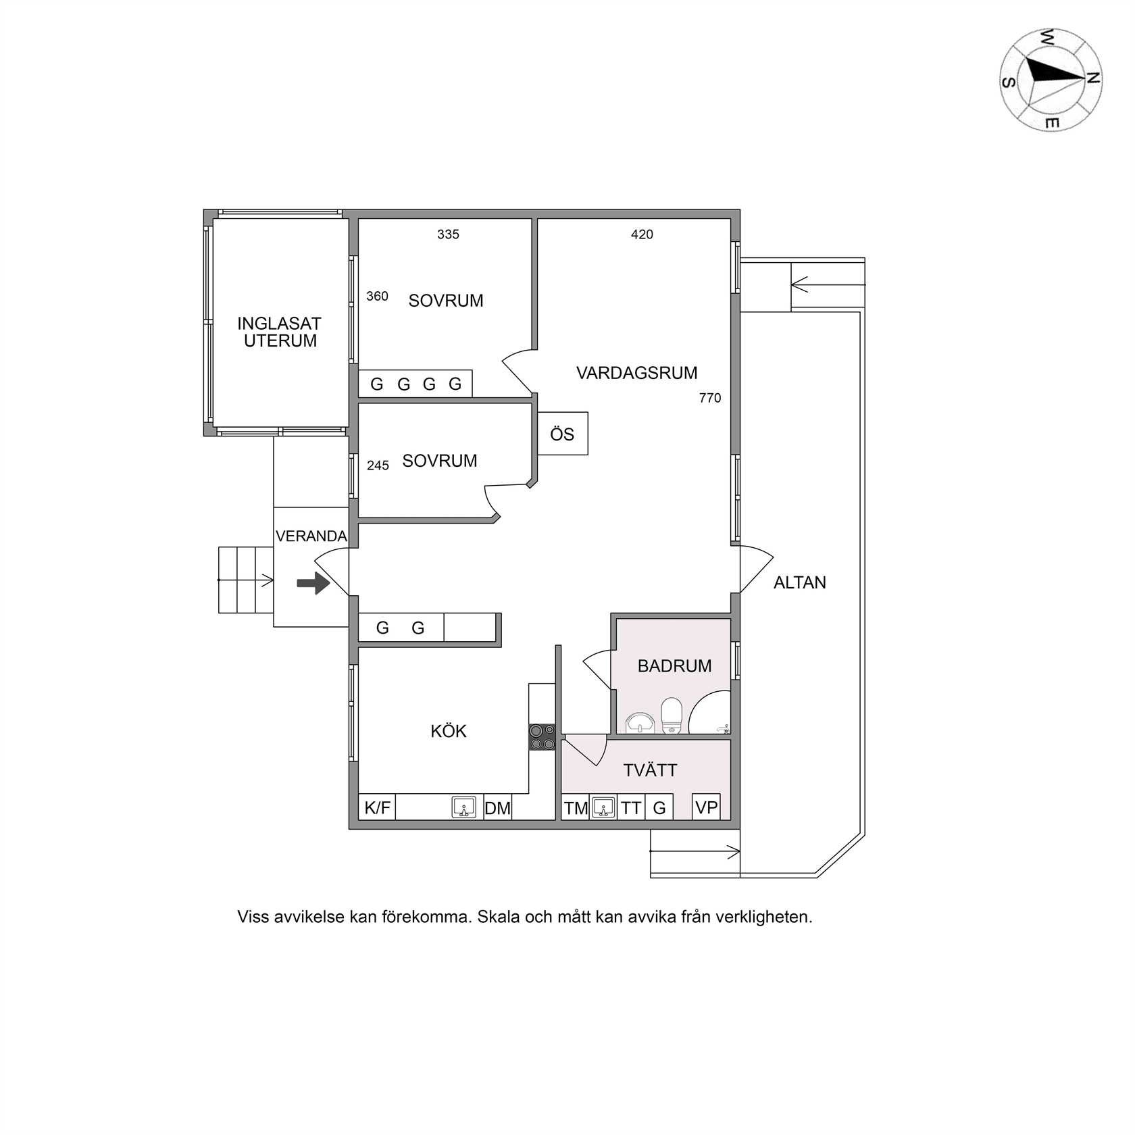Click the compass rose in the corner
click(1051, 80)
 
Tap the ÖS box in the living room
click(563, 434)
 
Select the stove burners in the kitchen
click(542, 737)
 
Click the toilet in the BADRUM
click(672, 715)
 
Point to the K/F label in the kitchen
click(378, 808)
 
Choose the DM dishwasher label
click(498, 808)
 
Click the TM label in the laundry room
click(576, 808)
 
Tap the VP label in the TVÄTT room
click(707, 807)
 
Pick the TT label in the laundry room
click(631, 808)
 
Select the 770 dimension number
click(710, 398)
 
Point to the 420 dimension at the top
click(642, 234)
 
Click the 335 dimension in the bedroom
click(448, 234)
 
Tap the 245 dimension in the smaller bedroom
click(378, 465)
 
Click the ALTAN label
click(800, 582)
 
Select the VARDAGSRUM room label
click(637, 372)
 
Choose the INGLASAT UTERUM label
click(280, 332)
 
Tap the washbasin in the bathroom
click(640, 723)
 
